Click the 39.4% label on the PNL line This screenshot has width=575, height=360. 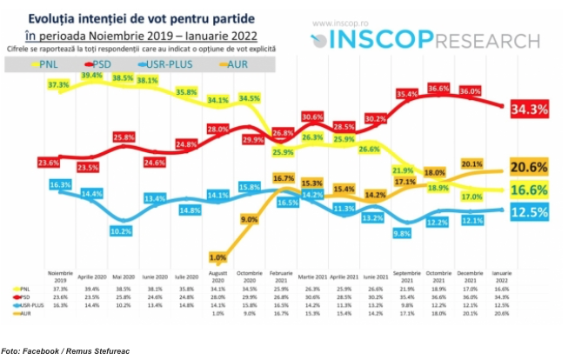coord(93,76)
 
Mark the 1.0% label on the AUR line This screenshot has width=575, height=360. coord(217,257)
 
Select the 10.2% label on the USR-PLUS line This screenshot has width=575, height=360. coord(121,231)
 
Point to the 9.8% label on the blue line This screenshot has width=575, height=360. coord(403,233)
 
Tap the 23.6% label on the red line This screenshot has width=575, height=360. coord(50,163)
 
